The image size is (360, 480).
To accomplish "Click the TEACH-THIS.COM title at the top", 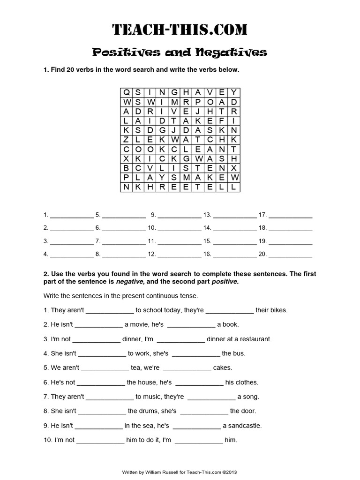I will point(180,30).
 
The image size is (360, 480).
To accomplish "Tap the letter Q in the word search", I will point(126,92).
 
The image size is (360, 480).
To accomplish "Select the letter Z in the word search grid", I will point(126,140).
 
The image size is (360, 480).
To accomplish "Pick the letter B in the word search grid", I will point(126,168).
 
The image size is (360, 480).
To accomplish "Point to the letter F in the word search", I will point(223,120).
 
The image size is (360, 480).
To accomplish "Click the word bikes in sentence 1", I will point(277,310).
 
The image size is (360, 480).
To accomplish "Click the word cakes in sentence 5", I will point(223,368).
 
